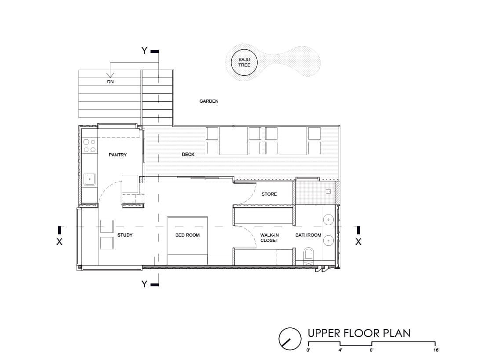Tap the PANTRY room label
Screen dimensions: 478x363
(118, 155)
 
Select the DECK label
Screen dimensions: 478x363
(188, 155)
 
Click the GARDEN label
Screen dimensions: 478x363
(209, 101)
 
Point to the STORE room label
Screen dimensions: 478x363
(269, 194)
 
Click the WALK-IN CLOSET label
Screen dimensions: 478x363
(270, 237)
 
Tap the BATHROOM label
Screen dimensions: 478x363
(308, 235)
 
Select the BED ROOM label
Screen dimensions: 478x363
(187, 235)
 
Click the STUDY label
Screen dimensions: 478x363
(125, 235)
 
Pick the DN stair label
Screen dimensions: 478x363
(110, 82)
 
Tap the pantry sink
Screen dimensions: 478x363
(90, 179)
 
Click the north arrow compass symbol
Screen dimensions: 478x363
(290, 339)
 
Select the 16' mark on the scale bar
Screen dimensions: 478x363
(437, 350)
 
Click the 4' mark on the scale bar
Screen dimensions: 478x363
(340, 350)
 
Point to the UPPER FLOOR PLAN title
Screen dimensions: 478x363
(359, 333)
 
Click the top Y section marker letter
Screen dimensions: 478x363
(145, 51)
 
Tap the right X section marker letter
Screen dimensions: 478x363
(358, 242)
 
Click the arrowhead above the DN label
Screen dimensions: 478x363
(110, 75)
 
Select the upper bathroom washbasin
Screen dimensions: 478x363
(328, 219)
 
